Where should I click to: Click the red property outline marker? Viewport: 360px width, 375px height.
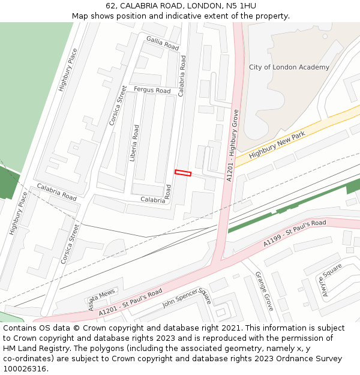pos(183,173)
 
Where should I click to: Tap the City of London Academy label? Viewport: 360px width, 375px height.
pos(289,67)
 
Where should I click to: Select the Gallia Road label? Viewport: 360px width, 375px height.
pos(163,43)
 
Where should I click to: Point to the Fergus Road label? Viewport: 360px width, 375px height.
pos(152,90)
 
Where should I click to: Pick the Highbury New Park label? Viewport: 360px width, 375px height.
pos(277,146)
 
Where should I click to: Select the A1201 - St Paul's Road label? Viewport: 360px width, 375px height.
pos(130,302)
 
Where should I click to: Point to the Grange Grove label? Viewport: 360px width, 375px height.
pos(264,291)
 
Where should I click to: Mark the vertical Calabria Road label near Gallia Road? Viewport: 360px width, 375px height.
pos(182,76)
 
